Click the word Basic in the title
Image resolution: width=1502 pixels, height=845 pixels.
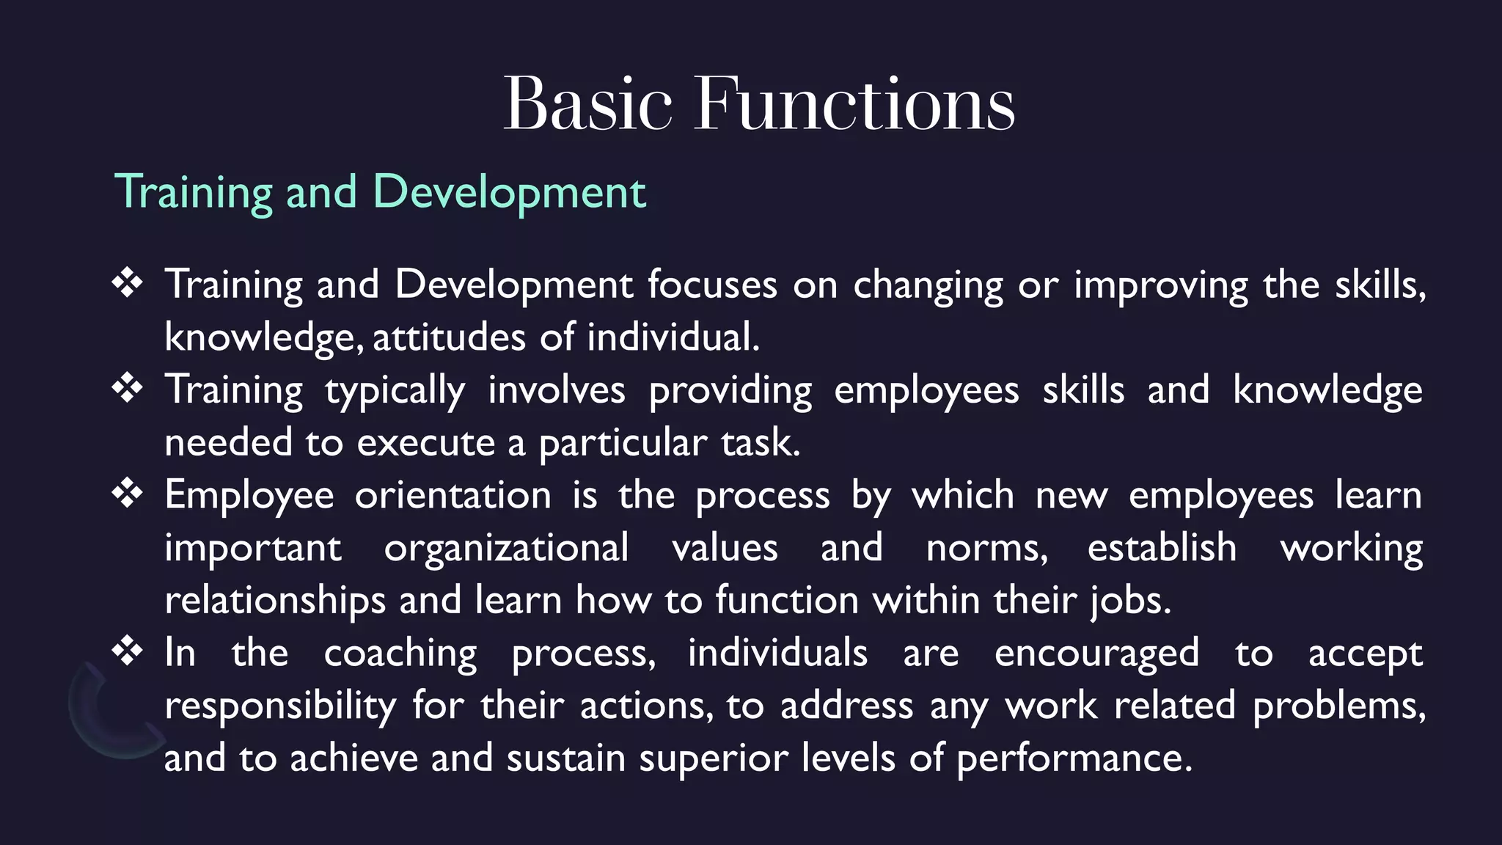(x=587, y=104)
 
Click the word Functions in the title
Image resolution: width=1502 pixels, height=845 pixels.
(x=854, y=104)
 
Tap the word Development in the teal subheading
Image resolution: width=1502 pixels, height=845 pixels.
(x=509, y=192)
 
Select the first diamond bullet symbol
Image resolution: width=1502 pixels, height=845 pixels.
(x=127, y=283)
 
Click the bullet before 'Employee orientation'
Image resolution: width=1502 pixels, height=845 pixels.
(x=127, y=494)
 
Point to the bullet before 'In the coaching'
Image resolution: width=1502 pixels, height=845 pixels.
(x=127, y=651)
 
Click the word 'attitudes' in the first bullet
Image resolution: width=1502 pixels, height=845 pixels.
(x=449, y=337)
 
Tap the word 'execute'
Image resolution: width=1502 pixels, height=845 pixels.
(x=426, y=443)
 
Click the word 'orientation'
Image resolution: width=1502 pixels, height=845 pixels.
(x=453, y=495)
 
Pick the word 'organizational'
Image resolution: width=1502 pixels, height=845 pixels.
(x=506, y=548)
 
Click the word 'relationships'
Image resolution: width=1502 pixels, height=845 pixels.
(x=275, y=601)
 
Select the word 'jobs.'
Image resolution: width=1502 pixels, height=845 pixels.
(x=1130, y=601)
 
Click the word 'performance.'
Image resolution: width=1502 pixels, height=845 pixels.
(x=1074, y=758)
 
